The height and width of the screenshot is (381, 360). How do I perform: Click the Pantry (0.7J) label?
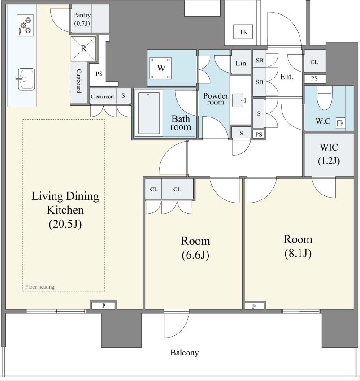[x=82, y=19]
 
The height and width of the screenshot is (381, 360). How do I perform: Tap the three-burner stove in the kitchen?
[x=25, y=25]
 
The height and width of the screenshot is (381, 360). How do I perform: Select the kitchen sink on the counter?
[x=25, y=79]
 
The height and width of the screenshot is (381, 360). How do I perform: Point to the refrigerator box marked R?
[x=83, y=48]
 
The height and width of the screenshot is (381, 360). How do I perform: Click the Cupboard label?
[x=79, y=81]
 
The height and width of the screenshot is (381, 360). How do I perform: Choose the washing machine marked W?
[x=160, y=68]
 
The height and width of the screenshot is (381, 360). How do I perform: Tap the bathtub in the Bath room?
[x=148, y=113]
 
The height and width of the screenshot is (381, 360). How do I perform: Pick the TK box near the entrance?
[x=243, y=32]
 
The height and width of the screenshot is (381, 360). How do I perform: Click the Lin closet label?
[x=241, y=63]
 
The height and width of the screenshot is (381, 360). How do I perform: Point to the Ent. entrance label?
[x=286, y=77]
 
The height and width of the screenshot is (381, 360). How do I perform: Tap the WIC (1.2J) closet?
[x=329, y=154]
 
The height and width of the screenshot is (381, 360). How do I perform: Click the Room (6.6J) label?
[x=195, y=247]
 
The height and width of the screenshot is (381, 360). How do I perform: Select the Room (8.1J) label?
[x=298, y=246]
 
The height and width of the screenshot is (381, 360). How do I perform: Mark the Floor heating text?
[x=39, y=287]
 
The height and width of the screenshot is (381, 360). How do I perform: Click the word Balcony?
[x=185, y=352]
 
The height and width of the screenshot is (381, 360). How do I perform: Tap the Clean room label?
[x=103, y=96]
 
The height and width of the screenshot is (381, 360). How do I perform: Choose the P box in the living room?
[x=104, y=305]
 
